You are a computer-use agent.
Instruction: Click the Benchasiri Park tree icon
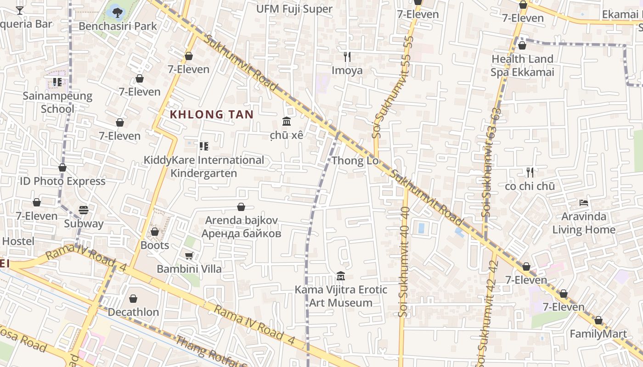tap(118, 11)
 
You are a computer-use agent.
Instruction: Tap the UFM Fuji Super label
tap(294, 9)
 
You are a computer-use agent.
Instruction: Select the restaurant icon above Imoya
tap(347, 57)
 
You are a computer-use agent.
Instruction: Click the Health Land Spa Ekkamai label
tap(522, 66)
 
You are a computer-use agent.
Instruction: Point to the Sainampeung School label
tap(57, 102)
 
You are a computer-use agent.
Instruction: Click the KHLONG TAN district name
tap(212, 114)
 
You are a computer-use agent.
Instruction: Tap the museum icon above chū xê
tap(287, 122)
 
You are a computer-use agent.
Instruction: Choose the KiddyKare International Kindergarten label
tap(204, 167)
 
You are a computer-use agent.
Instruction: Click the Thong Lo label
tap(355, 161)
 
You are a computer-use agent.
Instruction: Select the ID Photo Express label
tap(62, 181)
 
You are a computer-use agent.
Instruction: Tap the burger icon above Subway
tap(83, 210)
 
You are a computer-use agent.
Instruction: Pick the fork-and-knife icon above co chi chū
tap(530, 172)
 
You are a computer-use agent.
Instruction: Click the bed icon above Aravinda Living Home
tap(584, 202)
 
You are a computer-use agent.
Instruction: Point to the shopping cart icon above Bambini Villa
tap(189, 256)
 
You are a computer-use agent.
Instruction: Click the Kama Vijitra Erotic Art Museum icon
tap(341, 276)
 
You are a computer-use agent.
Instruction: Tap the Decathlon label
tap(133, 312)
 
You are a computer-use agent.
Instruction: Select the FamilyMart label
tap(598, 334)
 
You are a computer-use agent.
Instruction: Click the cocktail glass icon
tap(20, 10)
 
